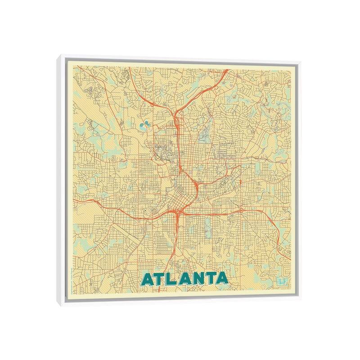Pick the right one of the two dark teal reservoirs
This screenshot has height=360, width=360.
(x=148, y=126)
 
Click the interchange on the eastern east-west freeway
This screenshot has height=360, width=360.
(x=242, y=210)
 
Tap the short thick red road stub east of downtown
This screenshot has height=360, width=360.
(x=241, y=181)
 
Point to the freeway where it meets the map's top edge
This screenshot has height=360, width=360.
(x=225, y=69)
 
